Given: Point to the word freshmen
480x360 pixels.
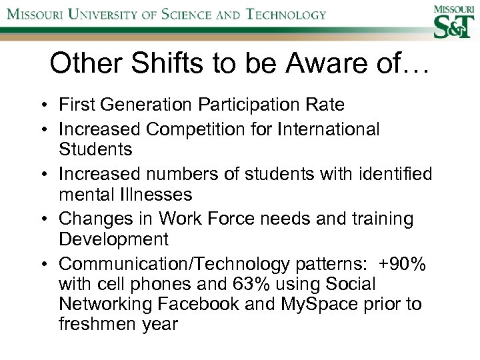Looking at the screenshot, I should pyautogui.click(x=93, y=325).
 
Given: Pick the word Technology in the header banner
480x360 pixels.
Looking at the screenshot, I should pyautogui.click(x=285, y=14).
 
